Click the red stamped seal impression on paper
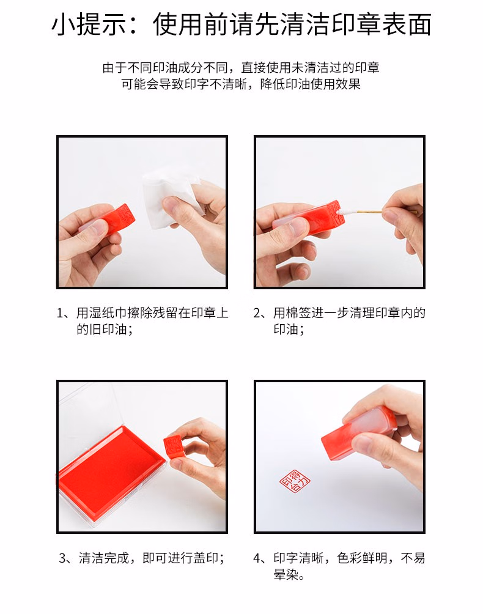pos(295,480)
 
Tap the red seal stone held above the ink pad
pos(175,447)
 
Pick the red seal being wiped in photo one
pos(111,220)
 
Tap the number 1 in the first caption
pos(61,313)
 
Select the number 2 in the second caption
pos(257,313)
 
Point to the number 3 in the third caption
pos(62,558)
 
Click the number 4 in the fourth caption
pos(257,558)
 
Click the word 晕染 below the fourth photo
pos(286,574)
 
